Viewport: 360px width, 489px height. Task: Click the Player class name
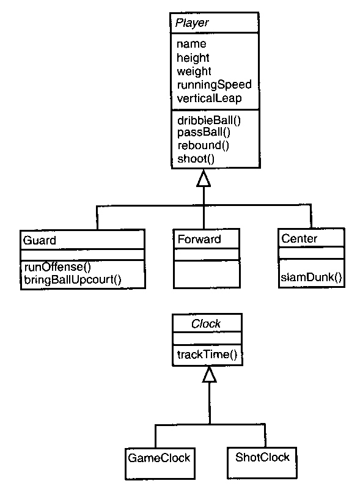click(x=192, y=23)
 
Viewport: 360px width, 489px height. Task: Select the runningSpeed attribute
click(x=215, y=85)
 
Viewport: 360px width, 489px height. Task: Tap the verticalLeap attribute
click(x=209, y=98)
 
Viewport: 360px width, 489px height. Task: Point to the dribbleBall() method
click(x=209, y=120)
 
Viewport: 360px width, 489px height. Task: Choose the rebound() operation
click(x=204, y=145)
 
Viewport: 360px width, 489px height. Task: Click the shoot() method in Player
click(x=196, y=159)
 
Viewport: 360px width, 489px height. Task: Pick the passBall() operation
click(x=204, y=132)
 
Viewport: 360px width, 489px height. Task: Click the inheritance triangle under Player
click(x=204, y=178)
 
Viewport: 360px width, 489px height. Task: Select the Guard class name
click(x=39, y=240)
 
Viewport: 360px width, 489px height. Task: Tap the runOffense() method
click(x=57, y=267)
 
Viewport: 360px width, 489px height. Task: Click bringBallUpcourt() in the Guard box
click(x=73, y=279)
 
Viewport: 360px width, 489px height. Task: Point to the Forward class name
click(x=199, y=239)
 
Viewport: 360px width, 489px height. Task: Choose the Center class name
click(x=299, y=238)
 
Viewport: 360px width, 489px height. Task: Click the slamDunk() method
click(x=311, y=277)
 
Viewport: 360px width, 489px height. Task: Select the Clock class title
click(x=206, y=324)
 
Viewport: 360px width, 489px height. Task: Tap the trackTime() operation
click(x=207, y=355)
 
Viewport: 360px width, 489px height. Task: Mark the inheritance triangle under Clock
click(x=209, y=375)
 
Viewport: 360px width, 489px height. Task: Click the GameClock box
click(x=160, y=464)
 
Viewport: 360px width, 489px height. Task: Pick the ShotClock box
click(x=262, y=463)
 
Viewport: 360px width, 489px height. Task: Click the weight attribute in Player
click(x=194, y=72)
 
